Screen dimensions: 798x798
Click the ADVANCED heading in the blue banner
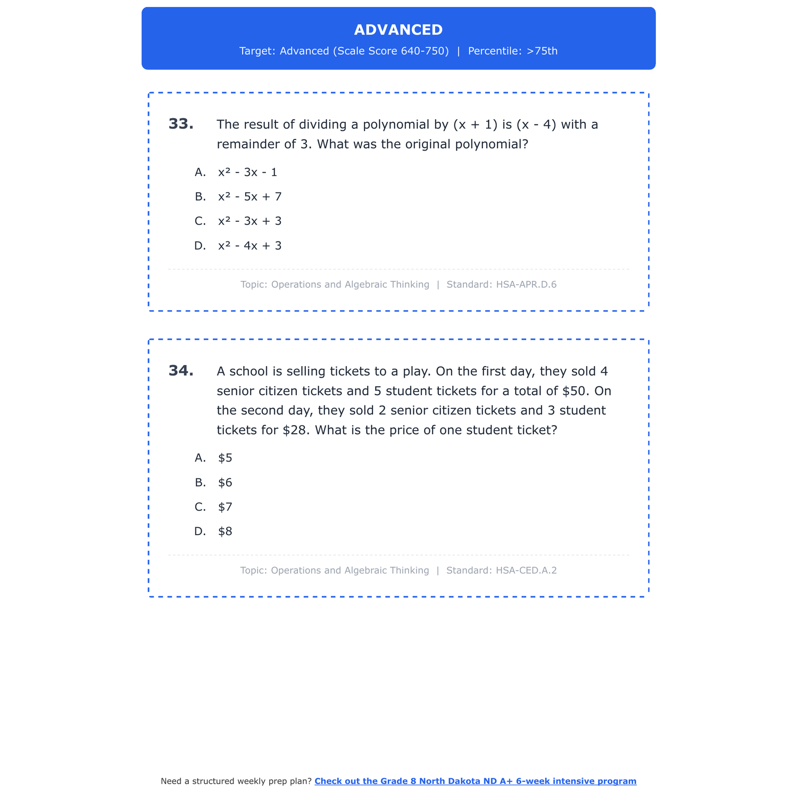point(398,30)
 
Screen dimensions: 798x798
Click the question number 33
point(181,124)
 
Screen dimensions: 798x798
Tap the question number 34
point(181,371)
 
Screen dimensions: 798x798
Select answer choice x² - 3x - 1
point(247,172)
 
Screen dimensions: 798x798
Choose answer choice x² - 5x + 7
point(250,197)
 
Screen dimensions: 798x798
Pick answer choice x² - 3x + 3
point(250,221)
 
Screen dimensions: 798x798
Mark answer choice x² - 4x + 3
point(250,246)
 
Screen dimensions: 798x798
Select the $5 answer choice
point(225,458)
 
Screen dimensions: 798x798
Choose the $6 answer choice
point(225,483)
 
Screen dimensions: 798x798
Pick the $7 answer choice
point(225,507)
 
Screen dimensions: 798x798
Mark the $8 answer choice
point(225,531)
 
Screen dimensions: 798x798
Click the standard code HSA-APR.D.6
point(526,285)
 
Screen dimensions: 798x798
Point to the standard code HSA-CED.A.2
point(526,570)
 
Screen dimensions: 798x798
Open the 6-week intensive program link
point(475,781)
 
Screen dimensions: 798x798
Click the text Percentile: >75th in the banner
point(513,51)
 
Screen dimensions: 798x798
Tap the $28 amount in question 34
point(296,430)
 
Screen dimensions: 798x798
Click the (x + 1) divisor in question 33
point(475,124)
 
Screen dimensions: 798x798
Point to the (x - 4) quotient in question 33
point(536,124)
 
